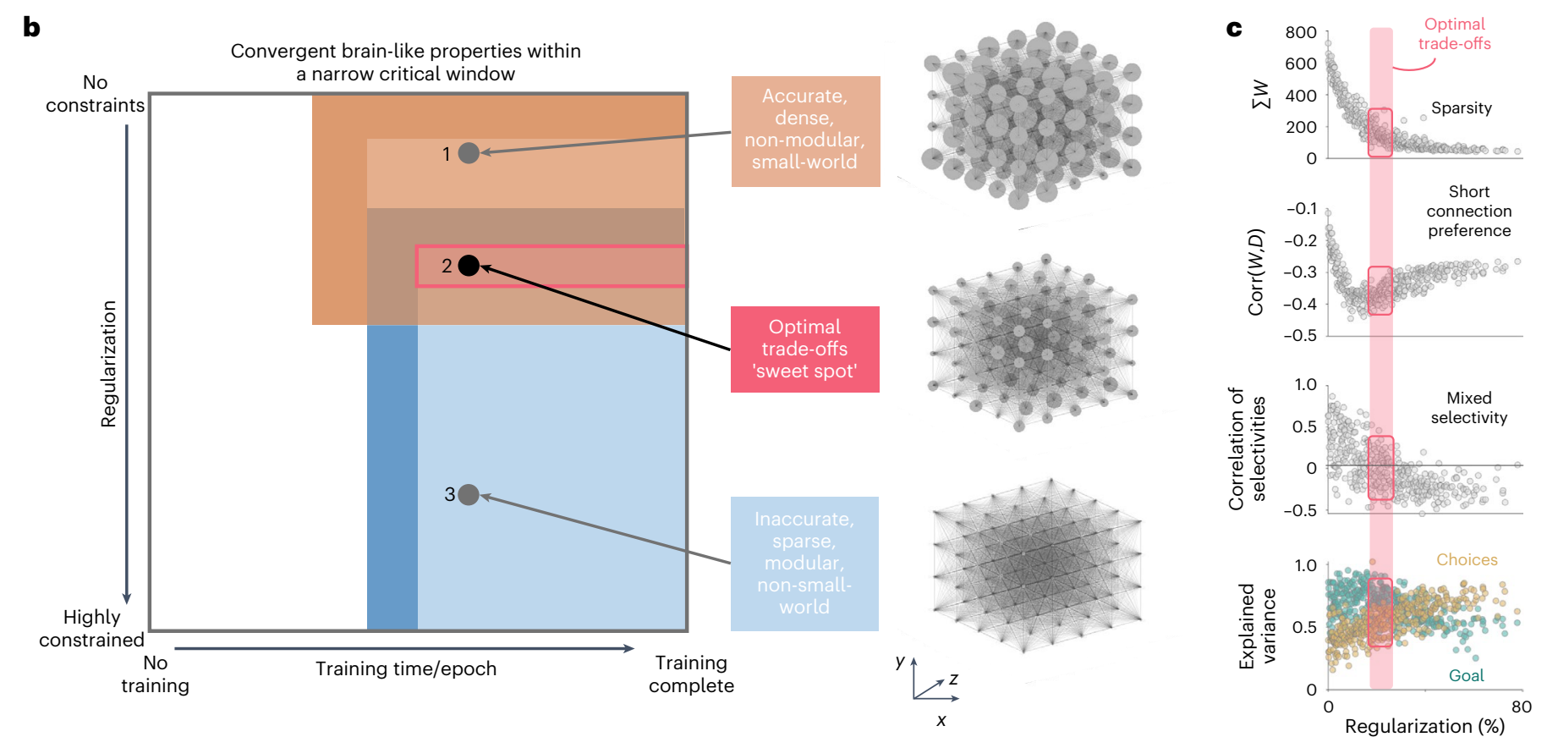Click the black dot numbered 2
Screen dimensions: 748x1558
tap(469, 266)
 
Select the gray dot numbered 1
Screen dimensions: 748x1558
tap(469, 153)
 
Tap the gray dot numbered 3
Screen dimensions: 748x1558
tap(469, 494)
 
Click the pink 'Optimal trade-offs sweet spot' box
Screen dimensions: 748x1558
tap(804, 349)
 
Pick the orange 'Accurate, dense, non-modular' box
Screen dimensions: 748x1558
tap(805, 130)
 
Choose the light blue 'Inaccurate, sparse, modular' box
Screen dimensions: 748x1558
tap(804, 563)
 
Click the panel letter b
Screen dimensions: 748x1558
tap(31, 27)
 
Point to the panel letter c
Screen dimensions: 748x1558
tap(1234, 29)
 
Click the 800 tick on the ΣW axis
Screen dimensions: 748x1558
tap(1300, 33)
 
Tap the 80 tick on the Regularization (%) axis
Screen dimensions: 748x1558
tap(1521, 707)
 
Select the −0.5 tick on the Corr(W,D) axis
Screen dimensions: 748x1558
tap(1300, 335)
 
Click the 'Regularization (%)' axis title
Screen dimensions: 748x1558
tap(1424, 726)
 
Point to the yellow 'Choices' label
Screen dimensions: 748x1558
tap(1467, 559)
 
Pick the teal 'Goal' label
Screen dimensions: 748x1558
tap(1466, 675)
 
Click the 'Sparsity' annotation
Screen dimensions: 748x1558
tap(1461, 108)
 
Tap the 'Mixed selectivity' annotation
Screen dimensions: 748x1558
tap(1468, 408)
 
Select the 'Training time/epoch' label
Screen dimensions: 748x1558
tap(406, 668)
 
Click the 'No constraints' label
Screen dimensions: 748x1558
tap(95, 94)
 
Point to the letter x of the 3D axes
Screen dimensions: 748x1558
tap(941, 721)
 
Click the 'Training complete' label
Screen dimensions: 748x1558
tap(691, 674)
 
